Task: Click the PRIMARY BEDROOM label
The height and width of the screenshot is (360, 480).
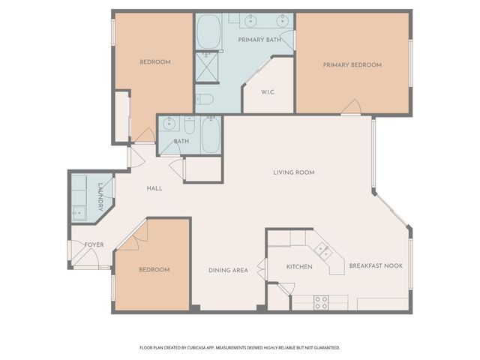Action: click(352, 65)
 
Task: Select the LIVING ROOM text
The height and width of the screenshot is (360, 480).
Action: click(293, 172)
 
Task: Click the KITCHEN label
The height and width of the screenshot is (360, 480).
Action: click(299, 267)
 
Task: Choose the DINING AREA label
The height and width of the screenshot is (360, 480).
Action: click(228, 270)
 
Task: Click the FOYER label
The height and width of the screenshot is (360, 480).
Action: click(94, 245)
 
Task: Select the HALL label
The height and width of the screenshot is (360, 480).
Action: click(154, 188)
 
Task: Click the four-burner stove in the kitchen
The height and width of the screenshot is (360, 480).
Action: click(321, 302)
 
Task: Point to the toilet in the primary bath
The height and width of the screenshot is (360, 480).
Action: click(205, 99)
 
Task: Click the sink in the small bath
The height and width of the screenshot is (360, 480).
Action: click(169, 124)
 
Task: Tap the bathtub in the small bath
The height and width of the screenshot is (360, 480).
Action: click(210, 135)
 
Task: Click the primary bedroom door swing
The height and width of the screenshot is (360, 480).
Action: click(350, 107)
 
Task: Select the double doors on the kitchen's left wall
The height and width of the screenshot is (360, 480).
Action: click(262, 268)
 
